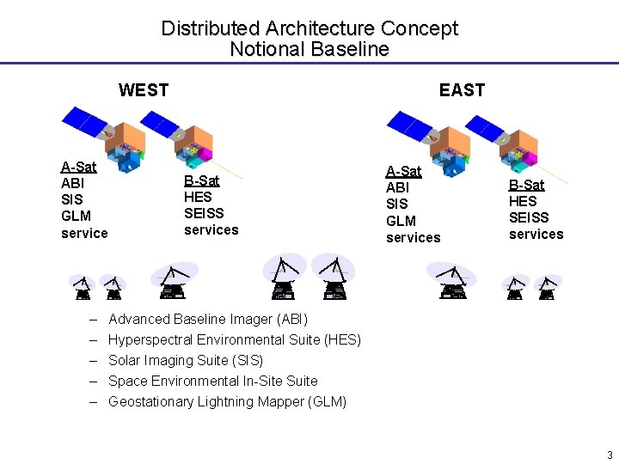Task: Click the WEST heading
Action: tap(144, 90)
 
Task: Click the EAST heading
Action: tap(462, 90)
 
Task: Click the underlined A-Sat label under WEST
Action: tap(78, 167)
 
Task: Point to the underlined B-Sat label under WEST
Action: tap(202, 180)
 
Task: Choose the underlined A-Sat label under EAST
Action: tap(403, 171)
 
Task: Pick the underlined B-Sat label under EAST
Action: tap(526, 185)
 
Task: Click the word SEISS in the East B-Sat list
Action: tap(529, 217)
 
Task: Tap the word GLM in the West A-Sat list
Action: tap(76, 216)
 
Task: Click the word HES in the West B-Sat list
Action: tap(198, 197)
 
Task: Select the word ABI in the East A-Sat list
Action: tap(398, 187)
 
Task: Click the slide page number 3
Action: tap(610, 455)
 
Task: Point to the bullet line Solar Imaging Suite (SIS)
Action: tap(186, 360)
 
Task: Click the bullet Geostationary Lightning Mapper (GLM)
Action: tap(227, 401)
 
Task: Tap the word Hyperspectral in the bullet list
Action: tap(150, 339)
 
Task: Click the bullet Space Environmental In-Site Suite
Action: tap(212, 381)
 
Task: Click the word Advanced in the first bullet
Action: tap(139, 319)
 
